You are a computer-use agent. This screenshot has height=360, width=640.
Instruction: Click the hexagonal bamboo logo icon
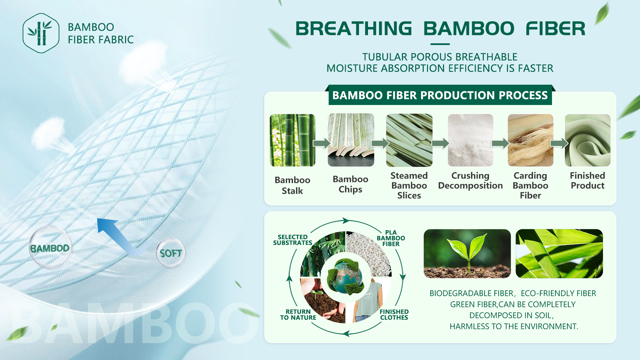(41, 33)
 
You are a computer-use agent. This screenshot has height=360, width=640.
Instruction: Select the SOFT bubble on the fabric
(171, 253)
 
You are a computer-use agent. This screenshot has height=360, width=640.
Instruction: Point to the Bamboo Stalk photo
(292, 140)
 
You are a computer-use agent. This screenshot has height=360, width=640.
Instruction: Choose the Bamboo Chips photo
(351, 140)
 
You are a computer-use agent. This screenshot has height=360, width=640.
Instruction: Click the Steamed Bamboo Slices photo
(409, 140)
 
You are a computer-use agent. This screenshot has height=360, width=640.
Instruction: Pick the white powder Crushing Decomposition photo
(470, 140)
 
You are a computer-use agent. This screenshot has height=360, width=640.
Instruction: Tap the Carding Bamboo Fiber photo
(530, 140)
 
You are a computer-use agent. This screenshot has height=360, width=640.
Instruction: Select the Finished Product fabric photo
(588, 140)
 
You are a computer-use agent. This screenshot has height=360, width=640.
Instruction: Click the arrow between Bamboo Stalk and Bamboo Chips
(322, 143)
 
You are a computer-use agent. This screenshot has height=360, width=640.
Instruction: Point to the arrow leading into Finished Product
(559, 143)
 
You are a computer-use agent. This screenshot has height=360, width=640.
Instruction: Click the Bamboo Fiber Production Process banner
(440, 95)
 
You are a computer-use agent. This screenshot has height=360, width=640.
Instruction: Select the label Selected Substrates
(293, 240)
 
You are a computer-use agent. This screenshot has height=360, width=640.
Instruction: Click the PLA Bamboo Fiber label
(391, 238)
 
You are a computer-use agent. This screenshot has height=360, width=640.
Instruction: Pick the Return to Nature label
(298, 315)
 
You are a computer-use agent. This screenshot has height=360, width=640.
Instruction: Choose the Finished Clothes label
(394, 315)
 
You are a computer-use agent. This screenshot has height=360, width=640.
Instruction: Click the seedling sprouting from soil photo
(467, 254)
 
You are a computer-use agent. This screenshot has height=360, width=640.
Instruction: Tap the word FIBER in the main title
(555, 28)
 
